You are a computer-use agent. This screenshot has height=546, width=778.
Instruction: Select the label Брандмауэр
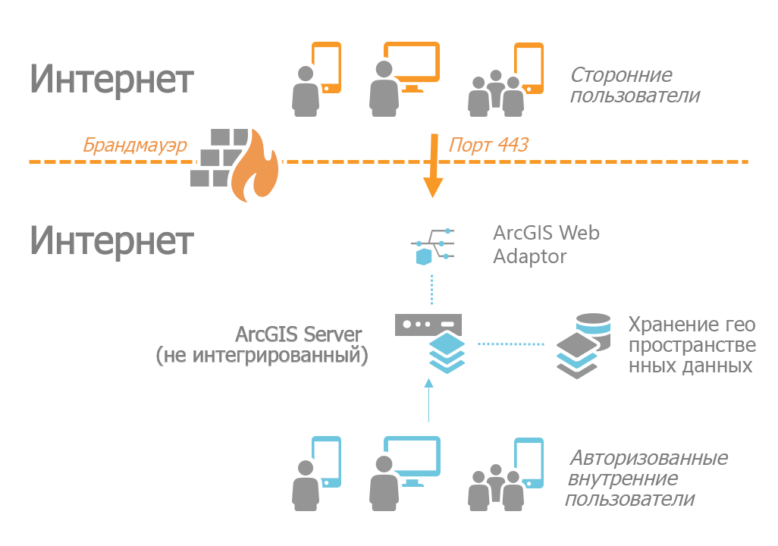(135, 145)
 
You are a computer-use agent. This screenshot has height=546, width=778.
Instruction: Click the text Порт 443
(488, 144)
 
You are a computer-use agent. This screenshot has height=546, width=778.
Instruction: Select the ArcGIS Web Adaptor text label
(545, 244)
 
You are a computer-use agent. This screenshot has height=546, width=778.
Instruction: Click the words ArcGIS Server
(298, 334)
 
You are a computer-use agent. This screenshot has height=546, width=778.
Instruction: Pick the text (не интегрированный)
(262, 355)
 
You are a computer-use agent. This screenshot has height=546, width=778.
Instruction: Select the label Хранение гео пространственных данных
(691, 345)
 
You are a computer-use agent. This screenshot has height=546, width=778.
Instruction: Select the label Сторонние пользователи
(633, 86)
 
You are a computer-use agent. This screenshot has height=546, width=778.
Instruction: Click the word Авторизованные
(648, 458)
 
